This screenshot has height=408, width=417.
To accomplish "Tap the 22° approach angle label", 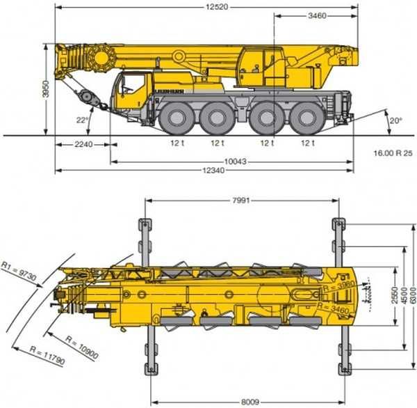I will [x=83, y=119].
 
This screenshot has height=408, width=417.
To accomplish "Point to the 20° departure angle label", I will [x=395, y=120].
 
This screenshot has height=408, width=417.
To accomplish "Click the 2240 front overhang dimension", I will [x=83, y=144].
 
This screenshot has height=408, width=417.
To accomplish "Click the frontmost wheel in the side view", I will [x=173, y=118].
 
